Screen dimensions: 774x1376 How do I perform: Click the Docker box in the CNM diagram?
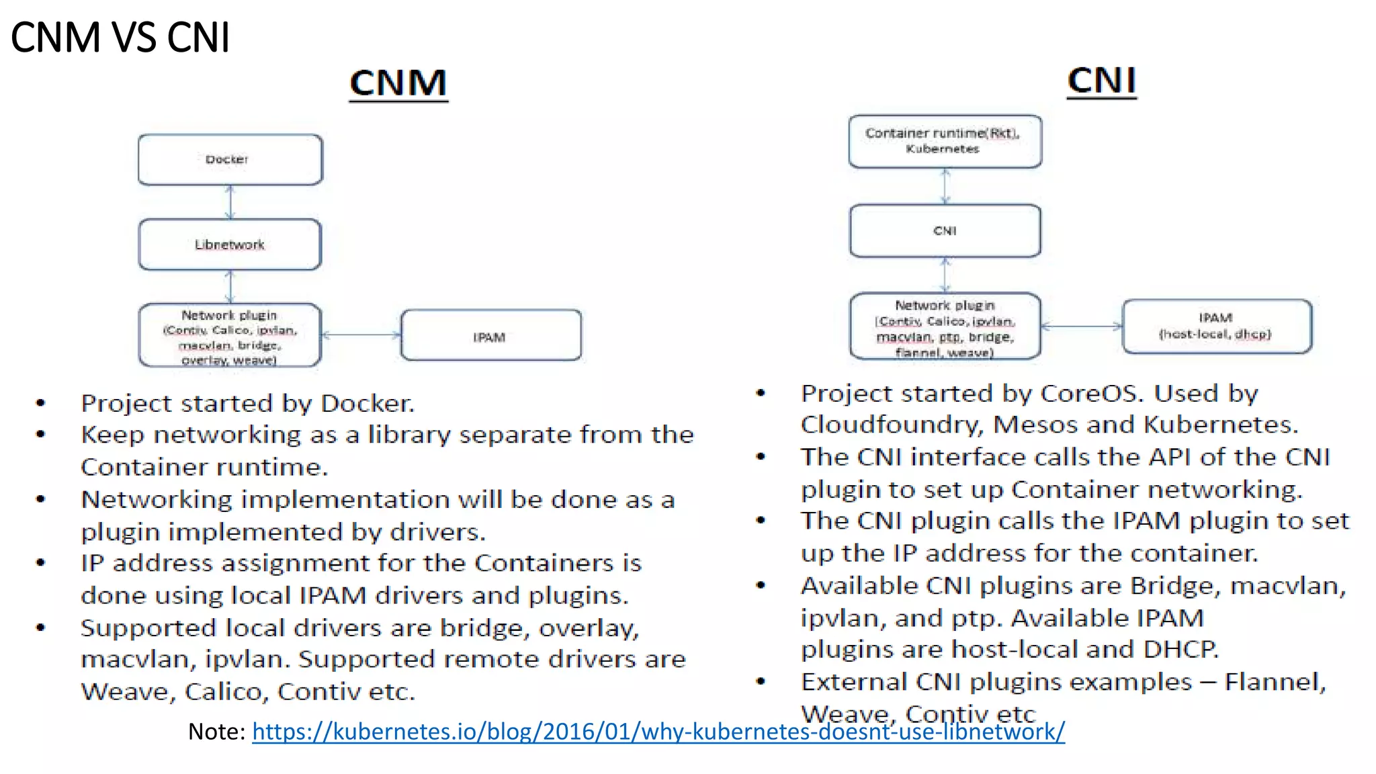click(230, 159)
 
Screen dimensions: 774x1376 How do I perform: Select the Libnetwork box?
click(230, 245)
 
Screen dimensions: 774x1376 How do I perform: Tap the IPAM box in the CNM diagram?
click(490, 336)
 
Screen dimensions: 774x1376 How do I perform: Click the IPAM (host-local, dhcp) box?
click(1216, 327)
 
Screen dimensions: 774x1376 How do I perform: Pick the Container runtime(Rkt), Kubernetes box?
click(945, 141)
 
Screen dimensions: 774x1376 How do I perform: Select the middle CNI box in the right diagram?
click(945, 230)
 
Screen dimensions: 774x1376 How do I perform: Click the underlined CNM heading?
click(398, 83)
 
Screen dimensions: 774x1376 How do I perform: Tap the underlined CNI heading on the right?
click(1102, 81)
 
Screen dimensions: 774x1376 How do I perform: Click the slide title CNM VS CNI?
click(120, 37)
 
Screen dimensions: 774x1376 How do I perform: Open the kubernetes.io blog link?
click(658, 731)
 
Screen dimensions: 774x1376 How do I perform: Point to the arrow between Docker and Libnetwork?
click(230, 202)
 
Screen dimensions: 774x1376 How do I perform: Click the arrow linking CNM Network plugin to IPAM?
click(361, 335)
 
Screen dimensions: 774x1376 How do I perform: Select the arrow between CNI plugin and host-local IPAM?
click(1082, 327)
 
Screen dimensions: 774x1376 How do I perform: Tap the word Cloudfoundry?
click(892, 425)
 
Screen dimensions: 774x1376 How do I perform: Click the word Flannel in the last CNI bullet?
click(1274, 682)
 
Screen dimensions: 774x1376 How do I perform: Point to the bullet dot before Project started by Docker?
click(41, 403)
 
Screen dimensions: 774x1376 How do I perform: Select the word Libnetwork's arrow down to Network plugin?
click(230, 286)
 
